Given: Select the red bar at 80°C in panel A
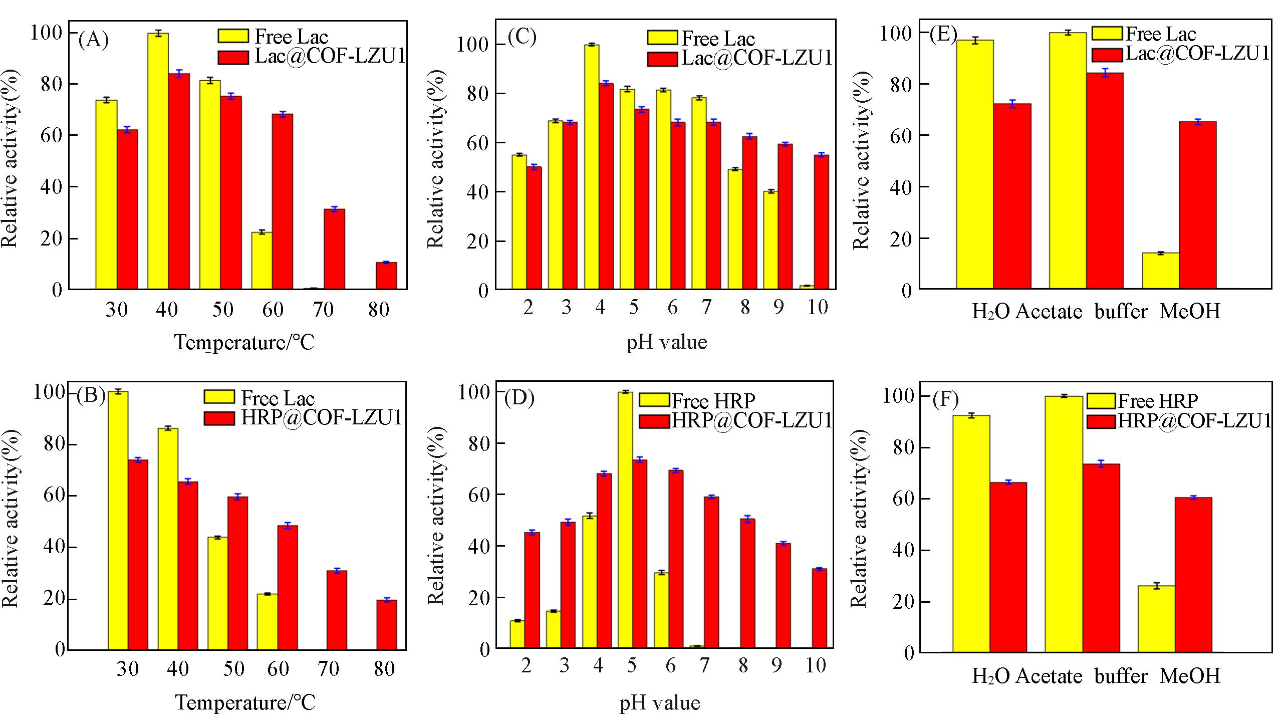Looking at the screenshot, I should (x=386, y=276).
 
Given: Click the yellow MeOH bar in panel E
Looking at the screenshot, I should (x=1160, y=271).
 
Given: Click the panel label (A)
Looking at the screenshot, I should (x=93, y=40).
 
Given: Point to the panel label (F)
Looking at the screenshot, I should (x=945, y=400).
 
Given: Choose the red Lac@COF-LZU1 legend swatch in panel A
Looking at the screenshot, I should (x=233, y=58).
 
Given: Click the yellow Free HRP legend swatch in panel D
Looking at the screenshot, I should (x=654, y=400).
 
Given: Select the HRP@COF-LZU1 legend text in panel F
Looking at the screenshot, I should (x=1194, y=421).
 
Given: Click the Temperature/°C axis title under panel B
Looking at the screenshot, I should (x=245, y=702).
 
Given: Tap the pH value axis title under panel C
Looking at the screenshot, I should (x=666, y=342).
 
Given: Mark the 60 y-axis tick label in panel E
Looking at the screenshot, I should (x=902, y=136).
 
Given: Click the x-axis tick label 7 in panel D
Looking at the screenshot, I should (x=704, y=665).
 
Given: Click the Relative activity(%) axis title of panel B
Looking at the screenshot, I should (x=10, y=519).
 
